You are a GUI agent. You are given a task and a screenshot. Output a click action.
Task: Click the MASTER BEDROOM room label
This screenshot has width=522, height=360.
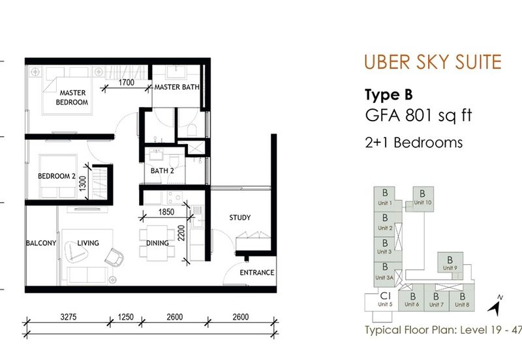point(72,97)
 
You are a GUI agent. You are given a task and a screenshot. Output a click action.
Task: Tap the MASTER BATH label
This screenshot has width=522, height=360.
point(177,87)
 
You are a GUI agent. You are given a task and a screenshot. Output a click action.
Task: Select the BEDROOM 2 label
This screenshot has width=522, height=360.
point(57,176)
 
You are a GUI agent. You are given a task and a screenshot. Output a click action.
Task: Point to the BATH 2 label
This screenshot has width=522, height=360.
point(162,171)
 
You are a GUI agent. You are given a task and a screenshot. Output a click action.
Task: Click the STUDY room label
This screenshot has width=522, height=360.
point(239,218)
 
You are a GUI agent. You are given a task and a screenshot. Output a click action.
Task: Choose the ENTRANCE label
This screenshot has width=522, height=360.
point(257,273)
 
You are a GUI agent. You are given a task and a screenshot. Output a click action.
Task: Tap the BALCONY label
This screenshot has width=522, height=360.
point(41,243)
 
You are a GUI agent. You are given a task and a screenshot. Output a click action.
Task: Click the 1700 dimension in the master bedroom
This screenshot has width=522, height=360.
point(127,82)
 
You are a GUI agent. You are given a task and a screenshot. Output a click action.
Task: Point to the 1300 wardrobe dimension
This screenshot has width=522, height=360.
point(83,183)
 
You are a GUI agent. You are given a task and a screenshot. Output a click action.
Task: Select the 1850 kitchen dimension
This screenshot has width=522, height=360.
point(166,212)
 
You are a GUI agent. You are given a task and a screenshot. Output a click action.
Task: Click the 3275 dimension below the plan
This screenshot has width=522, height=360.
point(69,317)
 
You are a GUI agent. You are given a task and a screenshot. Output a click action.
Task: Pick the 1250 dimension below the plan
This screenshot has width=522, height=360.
point(125,317)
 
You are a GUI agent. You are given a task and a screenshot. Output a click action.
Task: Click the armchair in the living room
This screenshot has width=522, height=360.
point(114,257)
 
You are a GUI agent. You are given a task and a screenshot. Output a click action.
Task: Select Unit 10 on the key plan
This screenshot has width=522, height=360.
point(423,199)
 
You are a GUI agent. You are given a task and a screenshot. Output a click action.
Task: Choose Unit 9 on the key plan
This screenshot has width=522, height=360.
point(450,263)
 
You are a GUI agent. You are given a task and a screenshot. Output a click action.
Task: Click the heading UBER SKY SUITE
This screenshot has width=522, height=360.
point(433,62)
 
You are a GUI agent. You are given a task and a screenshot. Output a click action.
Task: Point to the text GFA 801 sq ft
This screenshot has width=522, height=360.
point(418,115)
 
